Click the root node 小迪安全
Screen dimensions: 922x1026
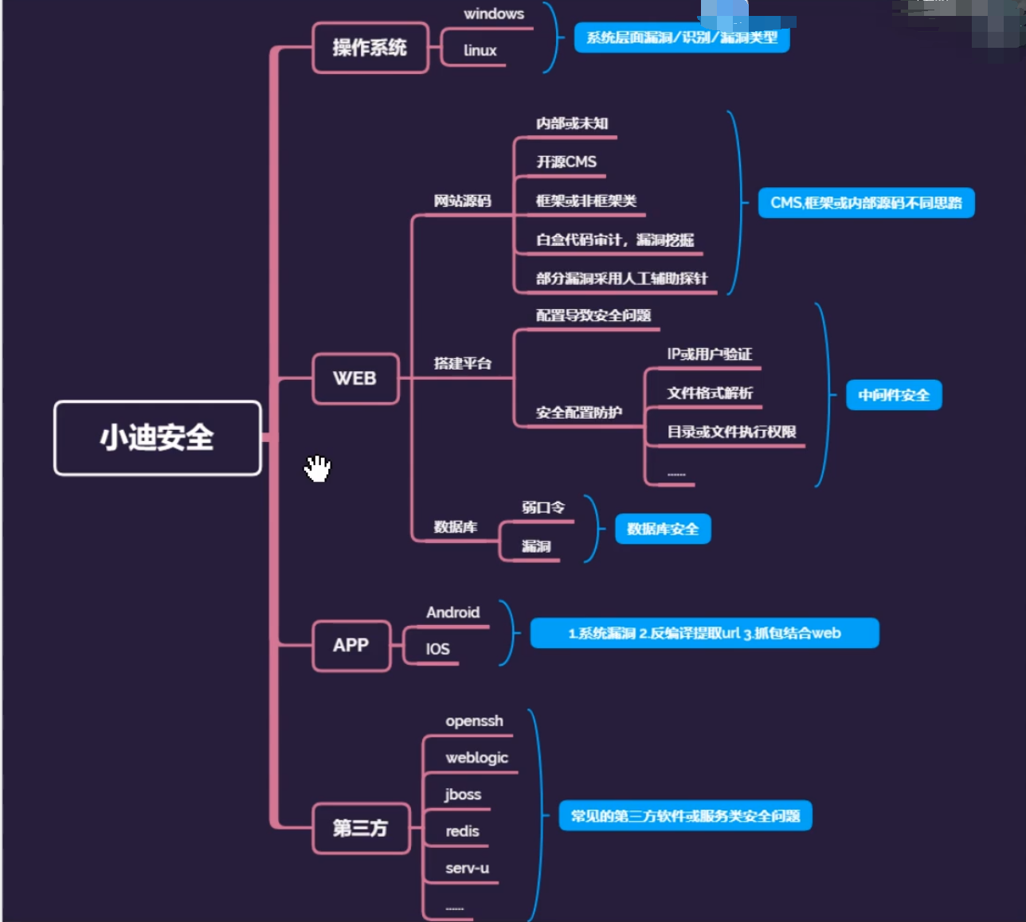pyautogui.click(x=157, y=438)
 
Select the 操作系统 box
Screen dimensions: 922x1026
pyautogui.click(x=370, y=48)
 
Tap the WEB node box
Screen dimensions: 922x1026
pyautogui.click(x=354, y=378)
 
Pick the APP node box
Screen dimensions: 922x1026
pyautogui.click(x=350, y=645)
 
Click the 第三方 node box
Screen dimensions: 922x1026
pyautogui.click(x=360, y=828)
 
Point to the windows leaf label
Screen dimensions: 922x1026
pyautogui.click(x=494, y=14)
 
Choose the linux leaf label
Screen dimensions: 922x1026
pyautogui.click(x=480, y=50)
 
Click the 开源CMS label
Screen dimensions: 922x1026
pyautogui.click(x=566, y=162)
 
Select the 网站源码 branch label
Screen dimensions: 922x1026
pyautogui.click(x=462, y=201)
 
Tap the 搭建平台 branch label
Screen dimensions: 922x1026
pyautogui.click(x=462, y=364)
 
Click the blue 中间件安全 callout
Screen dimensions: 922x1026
pyautogui.click(x=894, y=395)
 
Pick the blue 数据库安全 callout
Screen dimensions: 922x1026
pyautogui.click(x=663, y=529)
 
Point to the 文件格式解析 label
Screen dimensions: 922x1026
pyautogui.click(x=710, y=393)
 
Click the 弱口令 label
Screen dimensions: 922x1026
pyautogui.click(x=543, y=507)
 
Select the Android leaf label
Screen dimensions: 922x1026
pyautogui.click(x=452, y=612)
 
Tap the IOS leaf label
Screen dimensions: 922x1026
pyautogui.click(x=437, y=649)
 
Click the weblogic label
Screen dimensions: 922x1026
pyautogui.click(x=476, y=757)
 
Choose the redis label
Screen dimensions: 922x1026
pyautogui.click(x=462, y=831)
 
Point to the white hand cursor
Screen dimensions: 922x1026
pyautogui.click(x=318, y=468)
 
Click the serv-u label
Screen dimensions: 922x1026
pyautogui.click(x=467, y=868)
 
